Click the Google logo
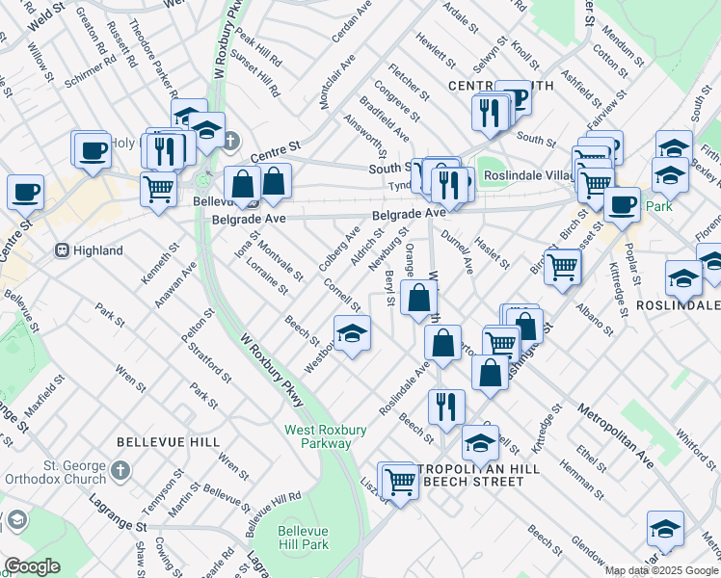31,566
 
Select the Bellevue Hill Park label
304,538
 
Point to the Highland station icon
63,250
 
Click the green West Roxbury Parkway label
318,436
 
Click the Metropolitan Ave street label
616,435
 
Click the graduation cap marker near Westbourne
353,333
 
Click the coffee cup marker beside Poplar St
623,203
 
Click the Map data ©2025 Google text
660,570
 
